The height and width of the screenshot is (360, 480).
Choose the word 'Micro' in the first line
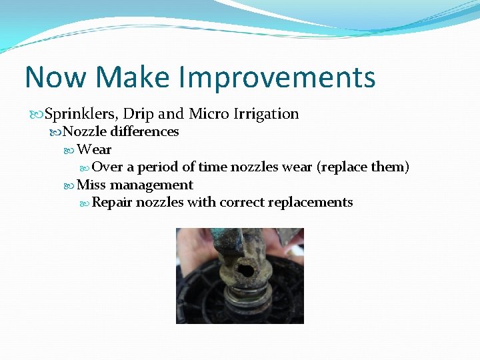209,114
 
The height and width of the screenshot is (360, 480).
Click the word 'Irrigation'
267,114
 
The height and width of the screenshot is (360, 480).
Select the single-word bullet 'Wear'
94,149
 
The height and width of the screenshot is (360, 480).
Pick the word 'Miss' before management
91,185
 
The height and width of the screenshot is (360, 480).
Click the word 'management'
151,185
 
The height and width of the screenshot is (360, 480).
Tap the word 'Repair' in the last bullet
112,203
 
